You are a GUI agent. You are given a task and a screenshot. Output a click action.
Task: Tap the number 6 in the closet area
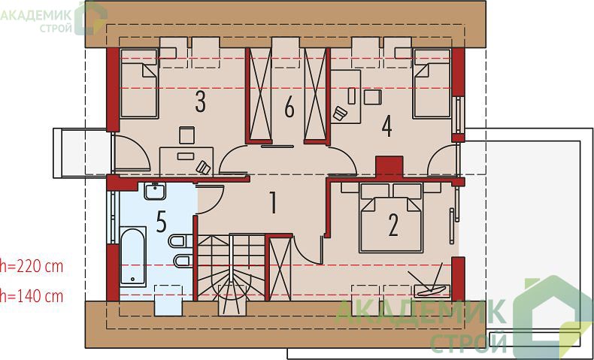click(x=289, y=108)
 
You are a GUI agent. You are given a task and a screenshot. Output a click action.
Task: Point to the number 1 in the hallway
click(x=273, y=202)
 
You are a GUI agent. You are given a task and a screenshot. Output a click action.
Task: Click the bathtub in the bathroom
click(x=133, y=256)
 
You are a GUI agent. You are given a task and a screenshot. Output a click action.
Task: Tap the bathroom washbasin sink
click(x=155, y=191)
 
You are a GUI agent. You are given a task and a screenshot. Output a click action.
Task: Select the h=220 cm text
click(x=32, y=267)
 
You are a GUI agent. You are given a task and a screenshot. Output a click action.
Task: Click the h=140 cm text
click(x=32, y=296)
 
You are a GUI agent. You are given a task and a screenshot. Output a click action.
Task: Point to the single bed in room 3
click(x=139, y=83)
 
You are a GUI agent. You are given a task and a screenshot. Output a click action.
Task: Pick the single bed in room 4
click(x=432, y=83)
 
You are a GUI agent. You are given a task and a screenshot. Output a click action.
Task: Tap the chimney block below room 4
click(x=389, y=167)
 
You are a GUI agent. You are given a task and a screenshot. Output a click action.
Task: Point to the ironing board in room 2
click(x=431, y=290)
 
